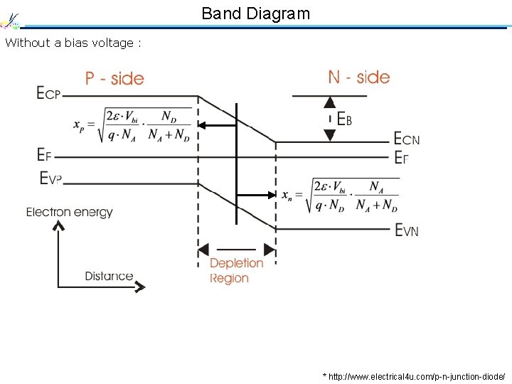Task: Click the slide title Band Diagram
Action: click(x=255, y=13)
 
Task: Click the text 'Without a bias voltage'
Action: click(x=73, y=43)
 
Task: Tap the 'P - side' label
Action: click(x=114, y=78)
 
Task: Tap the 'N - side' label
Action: click(x=358, y=77)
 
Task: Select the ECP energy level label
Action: click(x=48, y=93)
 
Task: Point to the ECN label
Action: click(x=407, y=139)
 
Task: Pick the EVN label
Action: click(x=407, y=230)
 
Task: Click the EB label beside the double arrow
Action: click(x=344, y=119)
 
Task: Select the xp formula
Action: click(x=133, y=125)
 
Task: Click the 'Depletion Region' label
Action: click(x=236, y=271)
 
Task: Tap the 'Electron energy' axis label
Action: click(x=70, y=212)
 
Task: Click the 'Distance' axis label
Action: click(x=109, y=276)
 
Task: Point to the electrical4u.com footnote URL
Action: click(x=414, y=375)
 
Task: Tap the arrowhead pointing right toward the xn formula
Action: click(x=271, y=194)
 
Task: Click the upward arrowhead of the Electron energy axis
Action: click(x=58, y=225)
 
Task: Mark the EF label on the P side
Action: click(x=44, y=154)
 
